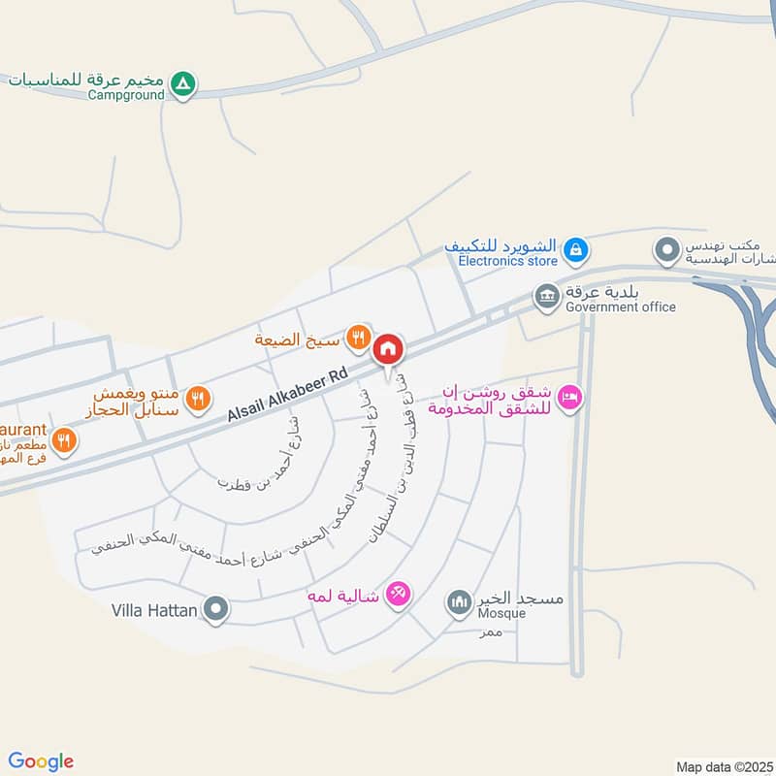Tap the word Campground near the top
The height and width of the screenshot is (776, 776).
tap(126, 95)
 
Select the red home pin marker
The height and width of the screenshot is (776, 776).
tap(389, 349)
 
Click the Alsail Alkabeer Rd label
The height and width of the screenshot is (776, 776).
tap(287, 398)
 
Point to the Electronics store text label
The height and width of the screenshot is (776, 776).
tap(507, 261)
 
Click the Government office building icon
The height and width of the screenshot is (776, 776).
tap(547, 295)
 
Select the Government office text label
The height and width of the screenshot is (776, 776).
tap(621, 307)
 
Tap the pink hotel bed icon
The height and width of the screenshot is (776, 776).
tap(571, 397)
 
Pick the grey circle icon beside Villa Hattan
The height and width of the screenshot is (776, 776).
tap(217, 610)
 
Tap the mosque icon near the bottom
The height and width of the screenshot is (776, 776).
tap(458, 604)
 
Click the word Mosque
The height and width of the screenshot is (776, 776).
tap(501, 613)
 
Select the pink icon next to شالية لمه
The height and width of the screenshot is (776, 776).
tap(397, 593)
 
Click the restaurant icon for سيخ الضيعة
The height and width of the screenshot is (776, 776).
tap(358, 338)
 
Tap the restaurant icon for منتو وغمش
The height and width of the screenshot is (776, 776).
tap(198, 397)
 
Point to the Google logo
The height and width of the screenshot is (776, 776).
tap(41, 761)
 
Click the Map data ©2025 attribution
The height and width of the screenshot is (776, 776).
tap(723, 766)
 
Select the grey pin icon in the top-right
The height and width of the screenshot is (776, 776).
tap(666, 251)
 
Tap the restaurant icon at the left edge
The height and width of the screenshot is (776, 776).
tap(64, 441)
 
